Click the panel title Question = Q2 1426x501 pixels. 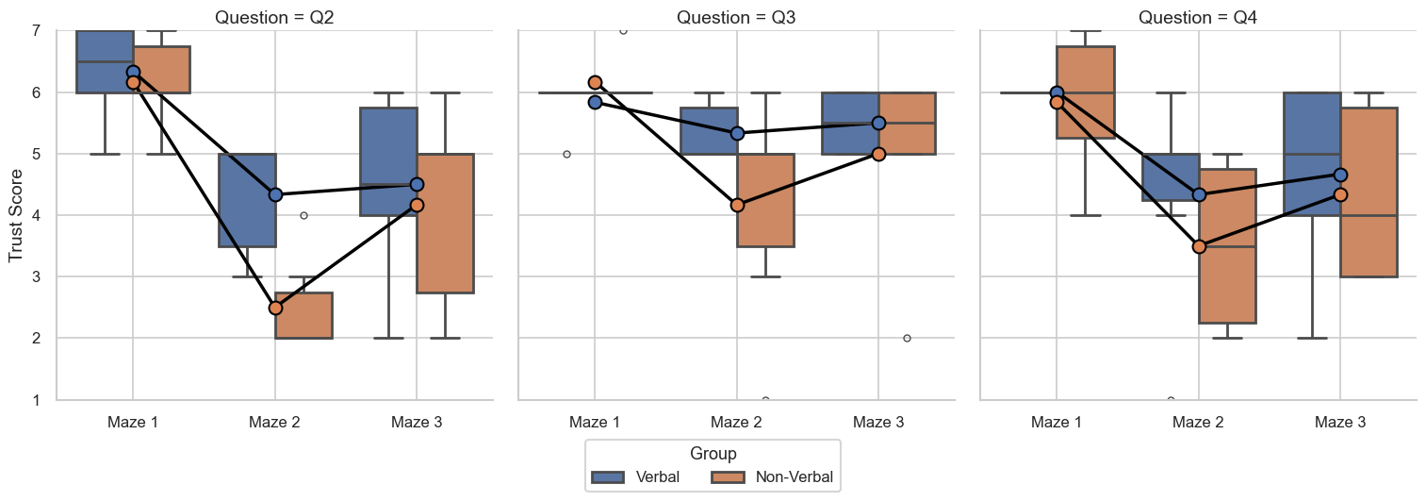click(x=274, y=17)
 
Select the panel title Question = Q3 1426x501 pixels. click(x=736, y=17)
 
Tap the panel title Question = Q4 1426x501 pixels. click(x=1198, y=17)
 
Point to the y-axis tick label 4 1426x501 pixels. click(x=37, y=216)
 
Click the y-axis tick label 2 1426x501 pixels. click(x=37, y=339)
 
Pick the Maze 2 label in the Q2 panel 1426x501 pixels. click(x=274, y=423)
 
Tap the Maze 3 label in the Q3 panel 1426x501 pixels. click(x=878, y=423)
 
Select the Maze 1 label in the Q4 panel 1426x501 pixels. click(x=1057, y=423)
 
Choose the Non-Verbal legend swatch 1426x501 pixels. click(x=728, y=477)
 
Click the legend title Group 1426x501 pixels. click(x=713, y=454)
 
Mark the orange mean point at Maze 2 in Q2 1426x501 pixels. click(x=275, y=308)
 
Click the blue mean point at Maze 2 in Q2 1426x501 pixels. click(x=275, y=194)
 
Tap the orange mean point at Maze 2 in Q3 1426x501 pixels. click(x=737, y=205)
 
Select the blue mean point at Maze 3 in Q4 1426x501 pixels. click(x=1340, y=175)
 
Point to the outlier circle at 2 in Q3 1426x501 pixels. click(x=907, y=338)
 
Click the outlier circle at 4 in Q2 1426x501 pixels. click(x=303, y=215)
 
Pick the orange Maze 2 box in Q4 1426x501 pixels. click(x=1226, y=246)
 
